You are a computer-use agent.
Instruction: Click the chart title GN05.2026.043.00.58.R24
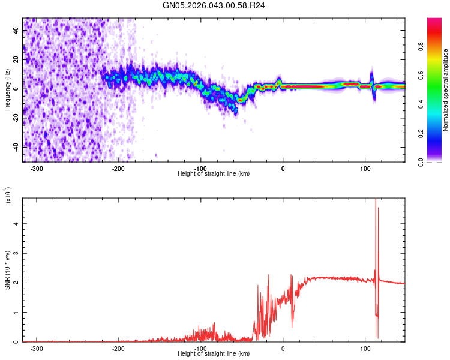(x=214, y=6)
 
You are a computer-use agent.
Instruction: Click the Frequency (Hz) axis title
(x=7, y=90)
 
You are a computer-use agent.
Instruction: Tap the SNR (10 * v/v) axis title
(x=7, y=270)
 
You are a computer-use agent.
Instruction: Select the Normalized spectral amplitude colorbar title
(x=445, y=90)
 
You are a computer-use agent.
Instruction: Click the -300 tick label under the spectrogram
(x=37, y=169)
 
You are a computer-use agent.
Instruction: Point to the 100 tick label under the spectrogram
(x=365, y=169)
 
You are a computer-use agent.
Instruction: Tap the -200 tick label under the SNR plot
(x=119, y=349)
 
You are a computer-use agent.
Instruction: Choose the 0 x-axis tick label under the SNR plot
(x=283, y=349)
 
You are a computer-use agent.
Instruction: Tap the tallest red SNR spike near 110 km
(x=376, y=201)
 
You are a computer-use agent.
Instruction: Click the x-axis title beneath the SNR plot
(x=214, y=354)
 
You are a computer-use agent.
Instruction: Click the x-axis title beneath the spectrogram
(x=214, y=174)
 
